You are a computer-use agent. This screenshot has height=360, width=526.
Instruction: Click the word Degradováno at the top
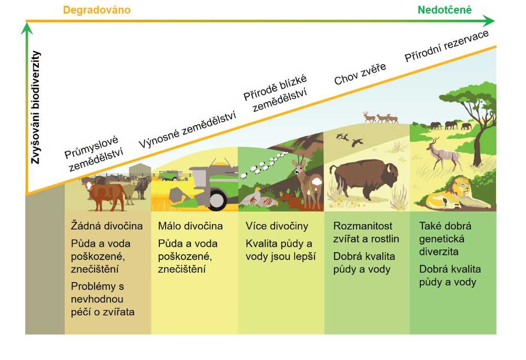(97, 10)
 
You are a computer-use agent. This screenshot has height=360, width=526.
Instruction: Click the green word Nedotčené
(444, 10)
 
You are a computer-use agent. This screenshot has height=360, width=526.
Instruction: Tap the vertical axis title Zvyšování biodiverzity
(36, 107)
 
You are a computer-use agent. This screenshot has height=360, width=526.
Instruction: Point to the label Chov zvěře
(360, 74)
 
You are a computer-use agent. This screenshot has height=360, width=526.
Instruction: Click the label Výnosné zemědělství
(188, 129)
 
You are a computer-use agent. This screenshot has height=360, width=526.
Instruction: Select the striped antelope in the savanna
(443, 154)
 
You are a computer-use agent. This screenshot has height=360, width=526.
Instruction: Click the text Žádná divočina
(107, 226)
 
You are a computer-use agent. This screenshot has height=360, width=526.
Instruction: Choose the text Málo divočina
(190, 226)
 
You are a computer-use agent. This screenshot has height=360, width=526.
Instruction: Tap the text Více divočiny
(277, 226)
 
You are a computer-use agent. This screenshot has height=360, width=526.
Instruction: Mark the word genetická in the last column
(441, 239)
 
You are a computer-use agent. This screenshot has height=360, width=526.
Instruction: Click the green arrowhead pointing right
(489, 21)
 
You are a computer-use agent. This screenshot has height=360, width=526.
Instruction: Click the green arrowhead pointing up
(27, 28)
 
